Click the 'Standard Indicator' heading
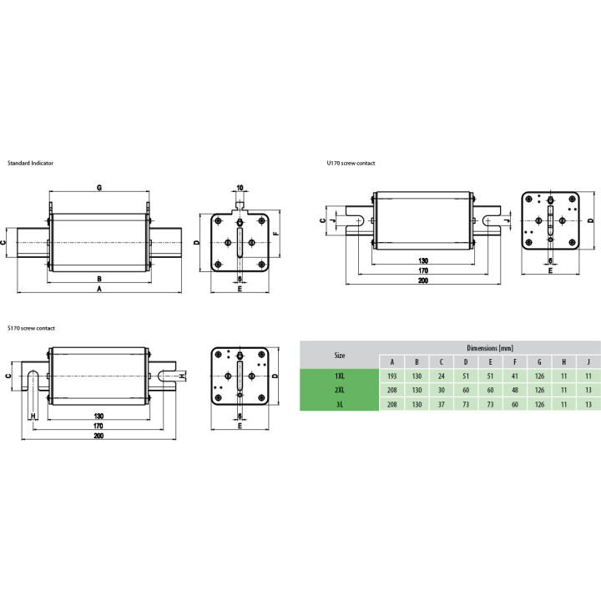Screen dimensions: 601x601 click(x=30, y=163)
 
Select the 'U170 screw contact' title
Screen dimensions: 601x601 click(x=351, y=163)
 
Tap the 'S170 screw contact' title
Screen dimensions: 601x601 click(x=31, y=328)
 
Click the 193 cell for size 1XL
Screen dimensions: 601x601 click(x=391, y=376)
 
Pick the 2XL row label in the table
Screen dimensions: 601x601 click(x=339, y=390)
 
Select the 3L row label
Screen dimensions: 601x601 click(x=339, y=404)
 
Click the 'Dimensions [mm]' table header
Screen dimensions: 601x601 click(x=490, y=348)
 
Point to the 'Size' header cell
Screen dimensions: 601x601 click(x=339, y=356)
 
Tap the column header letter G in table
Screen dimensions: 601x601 click(x=539, y=361)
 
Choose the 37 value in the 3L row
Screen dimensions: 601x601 click(x=442, y=404)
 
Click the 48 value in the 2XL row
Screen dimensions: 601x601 click(x=515, y=390)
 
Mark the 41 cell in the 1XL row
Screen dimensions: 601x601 click(x=515, y=376)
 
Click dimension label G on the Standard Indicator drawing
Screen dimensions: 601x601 click(x=99, y=188)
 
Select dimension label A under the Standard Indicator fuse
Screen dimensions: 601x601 click(x=99, y=289)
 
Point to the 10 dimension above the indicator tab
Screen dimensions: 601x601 click(x=240, y=188)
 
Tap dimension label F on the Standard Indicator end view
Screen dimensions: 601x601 click(x=276, y=233)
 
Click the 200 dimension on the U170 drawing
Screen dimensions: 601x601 click(x=422, y=280)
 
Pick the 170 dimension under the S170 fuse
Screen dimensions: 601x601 click(x=98, y=426)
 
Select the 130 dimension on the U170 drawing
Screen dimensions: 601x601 click(x=422, y=260)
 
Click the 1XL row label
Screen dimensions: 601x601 click(x=339, y=376)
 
